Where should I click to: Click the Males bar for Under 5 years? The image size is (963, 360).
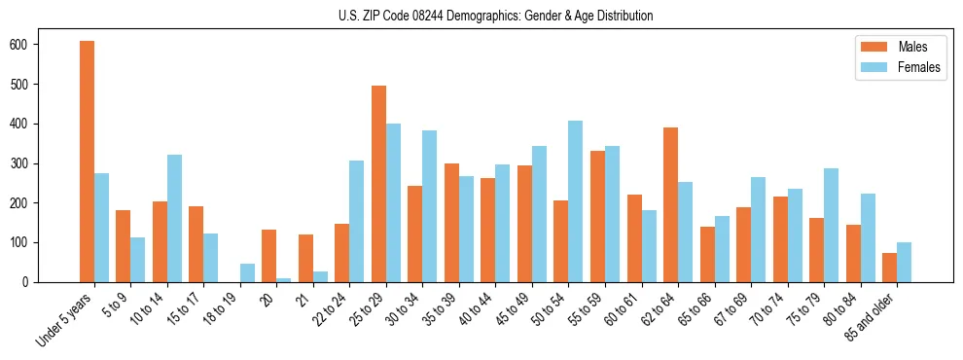(x=87, y=162)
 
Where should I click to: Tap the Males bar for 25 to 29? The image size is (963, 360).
(x=378, y=184)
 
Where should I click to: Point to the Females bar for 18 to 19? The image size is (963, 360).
(x=247, y=272)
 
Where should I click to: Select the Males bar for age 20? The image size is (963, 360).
(x=269, y=256)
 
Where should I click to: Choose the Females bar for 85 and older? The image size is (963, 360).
(x=904, y=262)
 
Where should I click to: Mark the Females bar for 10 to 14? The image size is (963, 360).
(x=174, y=218)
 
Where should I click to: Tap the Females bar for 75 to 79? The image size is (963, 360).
(x=831, y=225)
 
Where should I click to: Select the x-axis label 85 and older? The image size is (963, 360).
(x=869, y=318)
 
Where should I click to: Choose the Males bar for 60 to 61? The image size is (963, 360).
(x=634, y=238)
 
